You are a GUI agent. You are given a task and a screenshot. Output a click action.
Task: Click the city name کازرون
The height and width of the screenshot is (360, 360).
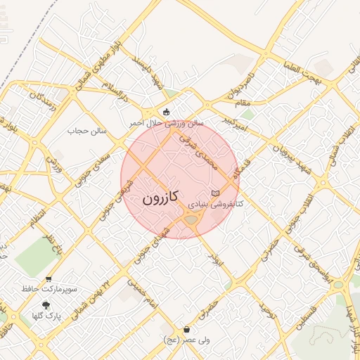160,198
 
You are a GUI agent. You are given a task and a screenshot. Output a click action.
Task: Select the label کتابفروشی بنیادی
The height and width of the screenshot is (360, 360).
214,205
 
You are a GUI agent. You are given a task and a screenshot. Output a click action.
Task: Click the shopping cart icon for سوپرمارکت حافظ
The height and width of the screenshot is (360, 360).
49,278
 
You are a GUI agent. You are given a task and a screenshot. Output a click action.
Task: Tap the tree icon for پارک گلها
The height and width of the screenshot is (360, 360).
46,305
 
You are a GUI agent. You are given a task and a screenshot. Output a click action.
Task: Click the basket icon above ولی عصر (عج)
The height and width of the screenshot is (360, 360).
186,329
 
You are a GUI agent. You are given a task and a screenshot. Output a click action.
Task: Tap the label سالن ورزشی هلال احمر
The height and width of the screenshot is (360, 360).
166,122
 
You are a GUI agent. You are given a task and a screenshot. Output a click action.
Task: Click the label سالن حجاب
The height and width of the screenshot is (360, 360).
86,131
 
